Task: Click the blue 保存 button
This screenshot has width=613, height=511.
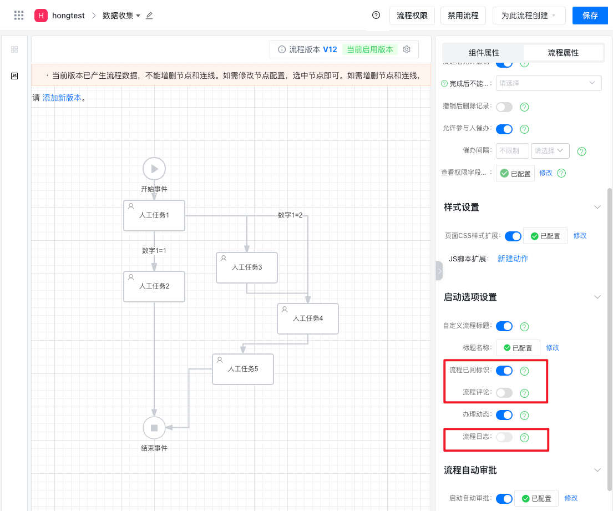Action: coord(590,16)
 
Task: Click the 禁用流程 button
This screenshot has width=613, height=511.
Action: coord(463,16)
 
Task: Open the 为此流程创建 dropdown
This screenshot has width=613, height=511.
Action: coord(529,16)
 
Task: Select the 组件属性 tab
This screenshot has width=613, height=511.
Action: coord(484,53)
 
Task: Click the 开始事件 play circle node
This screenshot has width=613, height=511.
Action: coord(154,169)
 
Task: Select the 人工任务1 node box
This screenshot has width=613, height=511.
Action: coord(154,215)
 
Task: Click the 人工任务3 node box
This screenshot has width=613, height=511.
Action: coord(247,267)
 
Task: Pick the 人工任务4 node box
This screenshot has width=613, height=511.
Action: coord(308,318)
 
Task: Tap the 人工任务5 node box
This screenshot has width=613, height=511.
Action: coord(243,369)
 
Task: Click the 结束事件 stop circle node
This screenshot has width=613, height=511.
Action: coord(154,428)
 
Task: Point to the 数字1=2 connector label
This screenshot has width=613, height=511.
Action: coord(290,215)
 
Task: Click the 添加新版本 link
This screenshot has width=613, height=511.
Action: coord(62,98)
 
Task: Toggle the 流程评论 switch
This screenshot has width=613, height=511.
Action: coord(504,393)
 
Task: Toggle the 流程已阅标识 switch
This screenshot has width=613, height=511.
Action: coord(504,371)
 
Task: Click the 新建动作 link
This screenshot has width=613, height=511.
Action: coord(513,259)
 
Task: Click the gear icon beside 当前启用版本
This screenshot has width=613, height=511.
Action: coord(407,49)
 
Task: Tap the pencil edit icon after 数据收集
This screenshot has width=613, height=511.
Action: coord(149,16)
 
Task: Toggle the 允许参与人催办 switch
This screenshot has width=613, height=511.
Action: coord(504,129)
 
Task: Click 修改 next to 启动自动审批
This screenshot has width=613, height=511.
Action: coord(571,498)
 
